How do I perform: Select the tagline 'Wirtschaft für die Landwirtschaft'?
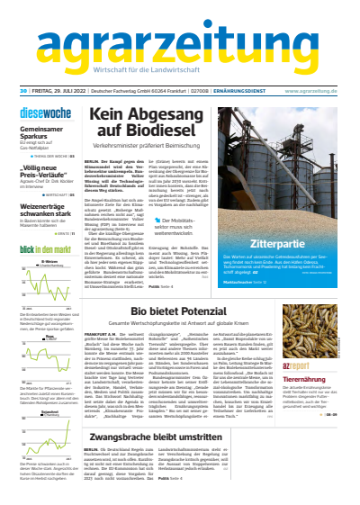(x=179, y=71)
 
